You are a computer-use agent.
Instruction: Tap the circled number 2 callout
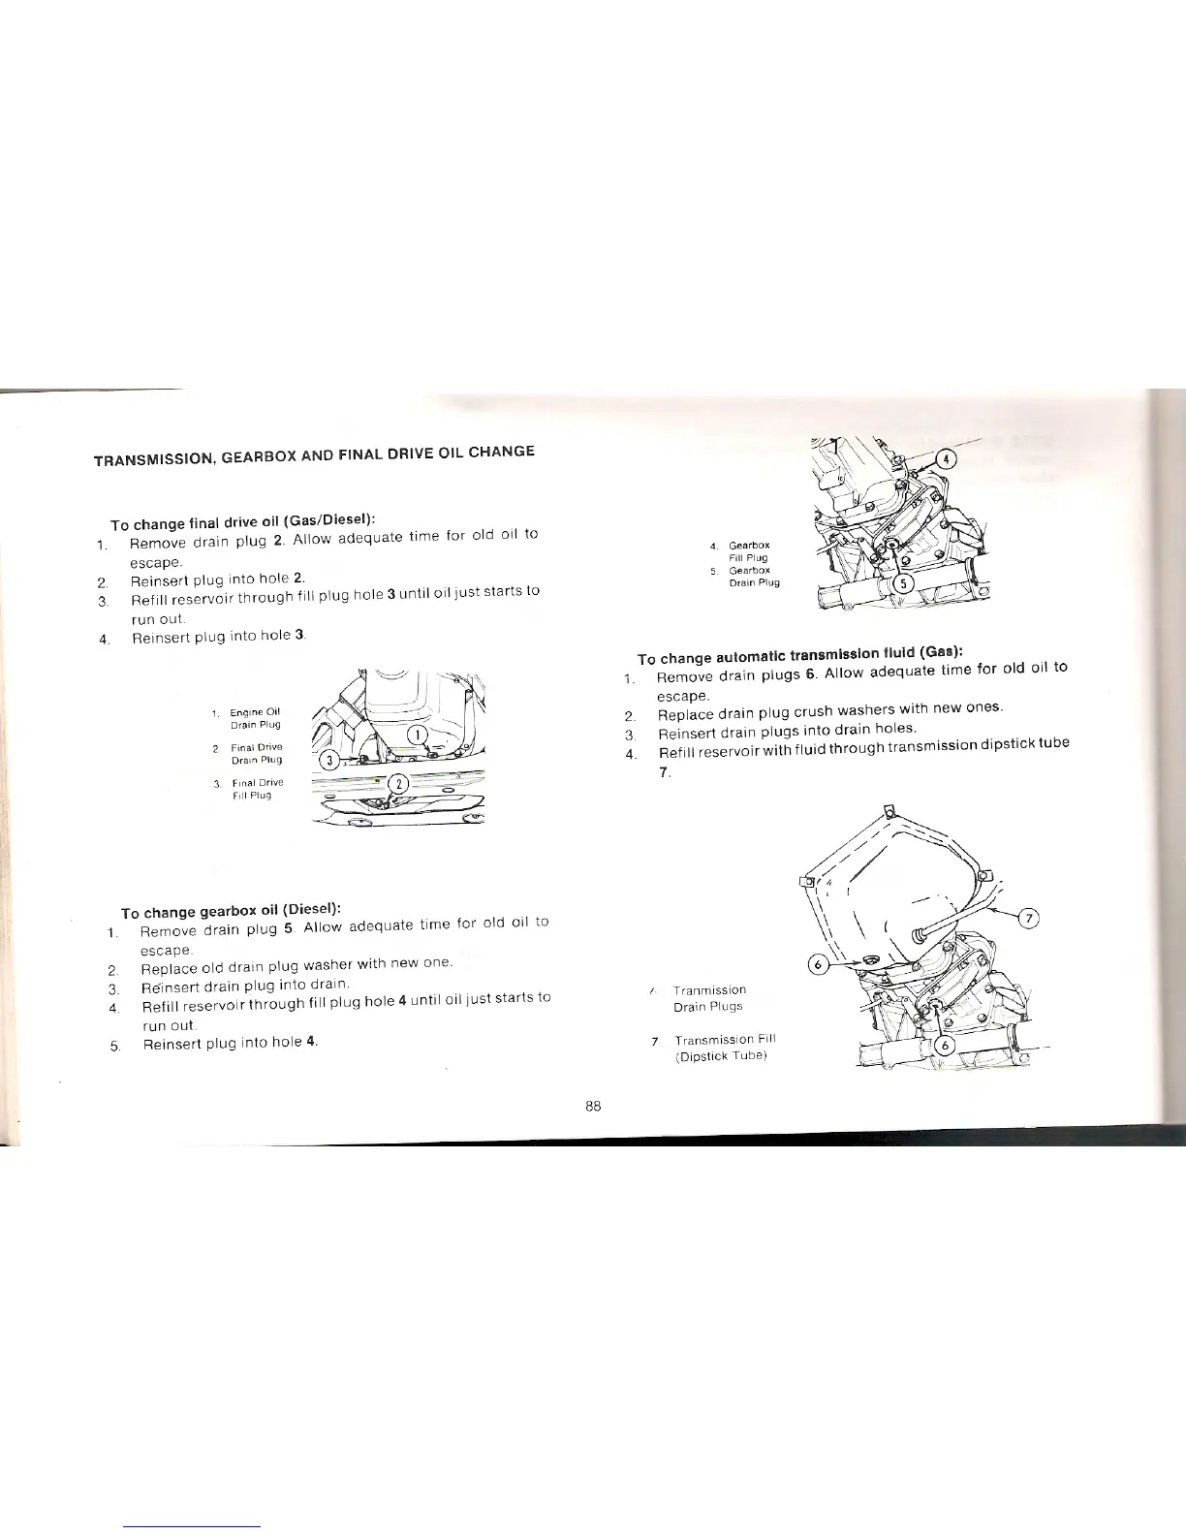coord(398,785)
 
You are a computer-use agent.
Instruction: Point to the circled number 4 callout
coord(949,459)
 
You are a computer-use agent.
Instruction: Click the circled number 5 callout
coord(903,584)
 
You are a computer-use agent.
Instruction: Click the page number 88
coord(594,1107)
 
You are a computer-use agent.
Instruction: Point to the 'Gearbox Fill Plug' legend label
coord(749,551)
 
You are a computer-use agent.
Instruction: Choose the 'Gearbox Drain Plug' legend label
coord(753,577)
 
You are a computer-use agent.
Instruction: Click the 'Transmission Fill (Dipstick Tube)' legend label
coord(725,1048)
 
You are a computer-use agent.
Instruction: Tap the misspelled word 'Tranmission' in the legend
coord(709,990)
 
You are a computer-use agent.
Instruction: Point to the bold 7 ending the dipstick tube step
coord(663,773)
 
